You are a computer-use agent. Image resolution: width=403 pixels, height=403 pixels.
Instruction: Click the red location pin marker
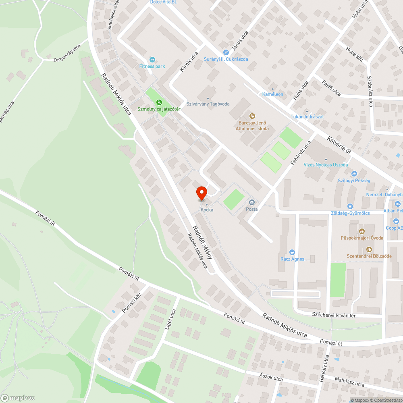(201, 193)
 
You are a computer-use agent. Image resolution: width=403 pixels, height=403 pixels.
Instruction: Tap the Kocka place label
(207, 210)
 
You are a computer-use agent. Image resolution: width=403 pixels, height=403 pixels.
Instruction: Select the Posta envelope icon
(252, 202)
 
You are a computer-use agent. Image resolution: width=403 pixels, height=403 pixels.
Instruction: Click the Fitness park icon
(152, 59)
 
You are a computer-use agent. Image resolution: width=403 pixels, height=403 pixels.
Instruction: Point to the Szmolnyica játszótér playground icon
(159, 102)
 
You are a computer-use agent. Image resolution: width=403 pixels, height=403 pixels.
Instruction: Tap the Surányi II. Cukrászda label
(226, 59)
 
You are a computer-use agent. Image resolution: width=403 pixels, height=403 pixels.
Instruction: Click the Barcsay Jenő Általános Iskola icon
(252, 116)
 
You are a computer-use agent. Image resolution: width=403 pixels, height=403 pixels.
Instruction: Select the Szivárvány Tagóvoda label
(208, 104)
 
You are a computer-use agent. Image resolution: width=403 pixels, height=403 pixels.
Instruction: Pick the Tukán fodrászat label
(307, 117)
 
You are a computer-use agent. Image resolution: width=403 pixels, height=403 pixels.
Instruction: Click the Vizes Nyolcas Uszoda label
(326, 165)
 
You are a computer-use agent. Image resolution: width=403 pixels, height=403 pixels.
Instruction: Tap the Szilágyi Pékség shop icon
(354, 174)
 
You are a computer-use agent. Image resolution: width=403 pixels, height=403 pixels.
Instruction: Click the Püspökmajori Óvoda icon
(362, 231)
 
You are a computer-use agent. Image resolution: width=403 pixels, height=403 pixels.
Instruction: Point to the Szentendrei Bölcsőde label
(369, 256)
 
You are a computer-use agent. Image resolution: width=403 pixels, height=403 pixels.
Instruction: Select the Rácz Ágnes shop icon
(293, 252)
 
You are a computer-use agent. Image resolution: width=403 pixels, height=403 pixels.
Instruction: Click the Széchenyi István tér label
(334, 315)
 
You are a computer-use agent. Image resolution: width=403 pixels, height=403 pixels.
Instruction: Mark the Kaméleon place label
(273, 94)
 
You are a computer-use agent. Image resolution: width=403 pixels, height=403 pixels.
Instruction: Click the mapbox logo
(18, 398)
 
